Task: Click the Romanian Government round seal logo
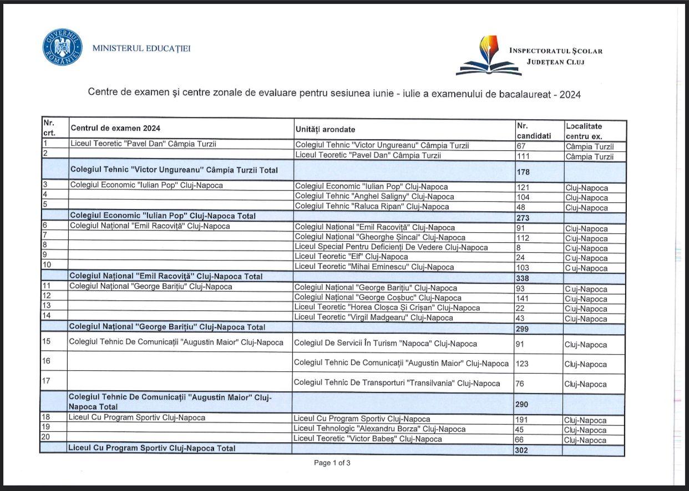[x=62, y=48]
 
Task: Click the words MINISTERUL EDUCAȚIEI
[x=141, y=48]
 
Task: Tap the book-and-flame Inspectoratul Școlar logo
[x=489, y=56]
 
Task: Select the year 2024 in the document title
[x=570, y=94]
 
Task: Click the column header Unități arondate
[x=325, y=129]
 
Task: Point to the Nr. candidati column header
[x=534, y=131]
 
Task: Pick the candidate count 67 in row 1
[x=522, y=146]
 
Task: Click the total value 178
[x=523, y=172]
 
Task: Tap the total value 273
[x=523, y=218]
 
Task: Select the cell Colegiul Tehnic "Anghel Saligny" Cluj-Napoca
[x=374, y=197]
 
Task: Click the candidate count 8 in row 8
[x=519, y=248]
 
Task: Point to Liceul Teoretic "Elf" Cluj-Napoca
[x=351, y=257]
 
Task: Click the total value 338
[x=523, y=278]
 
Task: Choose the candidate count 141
[x=523, y=299]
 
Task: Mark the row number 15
[x=47, y=341]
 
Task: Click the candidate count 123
[x=523, y=364]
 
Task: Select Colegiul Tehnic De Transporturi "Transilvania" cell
[x=397, y=383]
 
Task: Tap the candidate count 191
[x=523, y=420]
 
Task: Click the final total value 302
[x=521, y=451]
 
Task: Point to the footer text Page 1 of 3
[x=332, y=463]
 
